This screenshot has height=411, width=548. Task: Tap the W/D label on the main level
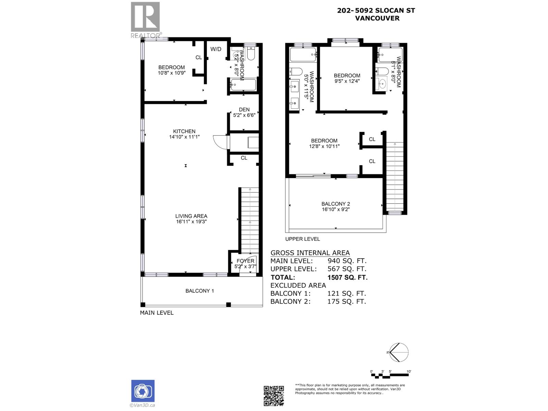pyautogui.click(x=216, y=49)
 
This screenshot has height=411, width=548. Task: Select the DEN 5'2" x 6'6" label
pyautogui.click(x=244, y=112)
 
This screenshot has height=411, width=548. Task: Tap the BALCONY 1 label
pyautogui.click(x=200, y=291)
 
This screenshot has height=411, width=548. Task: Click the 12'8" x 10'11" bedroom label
pyautogui.click(x=324, y=146)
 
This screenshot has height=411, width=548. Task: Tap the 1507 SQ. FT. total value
pyautogui.click(x=347, y=277)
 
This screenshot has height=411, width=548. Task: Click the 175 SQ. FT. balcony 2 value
pyautogui.click(x=347, y=301)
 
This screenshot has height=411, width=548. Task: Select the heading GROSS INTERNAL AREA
pyautogui.click(x=310, y=253)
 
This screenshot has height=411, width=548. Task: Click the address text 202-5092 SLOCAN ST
pyautogui.click(x=376, y=10)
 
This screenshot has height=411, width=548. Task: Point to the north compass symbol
pyautogui.click(x=398, y=352)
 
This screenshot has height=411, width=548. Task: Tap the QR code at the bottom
pyautogui.click(x=274, y=396)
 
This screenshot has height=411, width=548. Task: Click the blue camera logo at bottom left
pyautogui.click(x=143, y=391)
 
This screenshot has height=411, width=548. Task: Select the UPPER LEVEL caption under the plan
pyautogui.click(x=302, y=239)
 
